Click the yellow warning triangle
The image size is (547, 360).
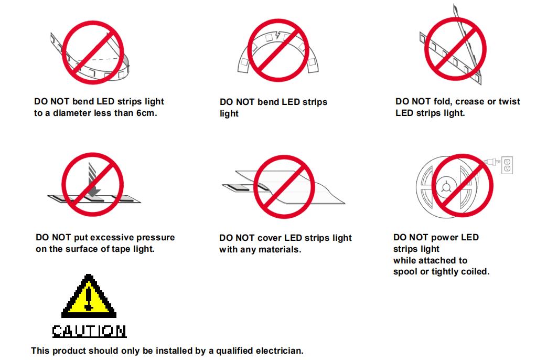click(89, 297)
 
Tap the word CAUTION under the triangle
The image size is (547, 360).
click(89, 331)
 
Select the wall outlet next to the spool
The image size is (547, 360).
click(507, 165)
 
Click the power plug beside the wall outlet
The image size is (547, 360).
click(492, 162)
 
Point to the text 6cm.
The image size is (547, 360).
click(146, 113)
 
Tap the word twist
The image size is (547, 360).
click(509, 101)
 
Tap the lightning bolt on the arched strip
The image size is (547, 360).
click(277, 35)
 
